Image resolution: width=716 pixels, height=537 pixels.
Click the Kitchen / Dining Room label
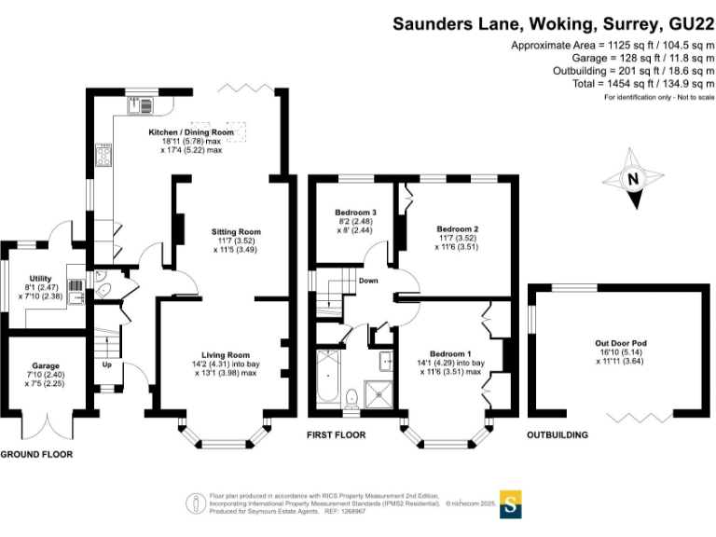(191, 132)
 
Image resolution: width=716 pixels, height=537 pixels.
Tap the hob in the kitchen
(103, 156)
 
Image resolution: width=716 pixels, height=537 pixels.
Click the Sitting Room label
(236, 232)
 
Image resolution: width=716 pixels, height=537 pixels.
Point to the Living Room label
(226, 355)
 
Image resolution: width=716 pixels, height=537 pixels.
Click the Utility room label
(40, 279)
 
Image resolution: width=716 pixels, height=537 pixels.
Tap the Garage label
(46, 365)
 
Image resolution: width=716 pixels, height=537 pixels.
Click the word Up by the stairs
(107, 365)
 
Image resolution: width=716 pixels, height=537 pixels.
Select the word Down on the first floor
(368, 281)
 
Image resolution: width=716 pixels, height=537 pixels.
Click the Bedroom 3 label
(355, 213)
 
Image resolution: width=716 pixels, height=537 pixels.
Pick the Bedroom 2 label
(457, 229)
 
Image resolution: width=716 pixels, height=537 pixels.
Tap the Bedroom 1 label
(450, 354)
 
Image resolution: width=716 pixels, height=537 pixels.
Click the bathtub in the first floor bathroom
(327, 376)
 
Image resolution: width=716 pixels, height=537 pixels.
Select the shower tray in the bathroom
(379, 394)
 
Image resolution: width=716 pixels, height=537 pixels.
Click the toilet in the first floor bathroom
(351, 398)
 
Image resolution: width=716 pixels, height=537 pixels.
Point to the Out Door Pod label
(621, 343)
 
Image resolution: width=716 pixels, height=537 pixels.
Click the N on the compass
(633, 179)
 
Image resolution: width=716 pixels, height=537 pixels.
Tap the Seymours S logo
(511, 504)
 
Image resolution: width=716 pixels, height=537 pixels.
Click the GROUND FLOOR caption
(36, 455)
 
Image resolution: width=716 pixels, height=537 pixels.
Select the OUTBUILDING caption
(558, 435)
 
